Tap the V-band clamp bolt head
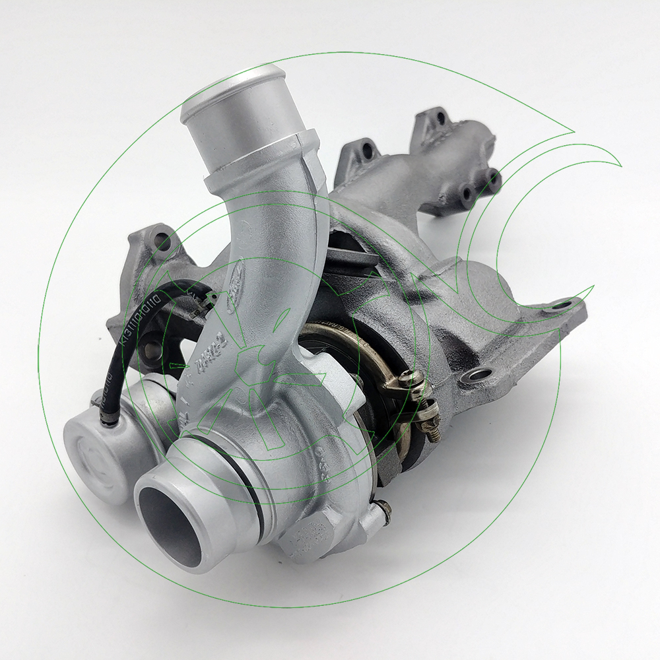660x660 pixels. [x=414, y=378]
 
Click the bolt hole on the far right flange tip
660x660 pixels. [x=560, y=305]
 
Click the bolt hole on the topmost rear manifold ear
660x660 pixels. [x=438, y=119]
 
